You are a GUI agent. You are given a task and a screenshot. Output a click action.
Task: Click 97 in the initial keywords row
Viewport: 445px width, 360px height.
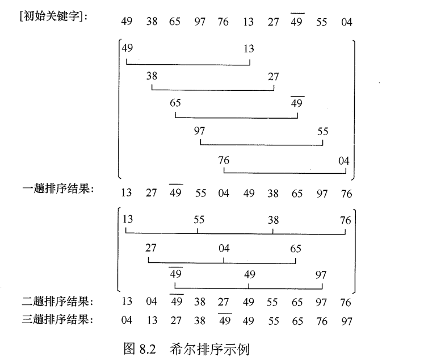(x=199, y=22)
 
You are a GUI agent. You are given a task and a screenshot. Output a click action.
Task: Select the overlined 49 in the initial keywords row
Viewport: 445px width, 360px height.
(x=297, y=22)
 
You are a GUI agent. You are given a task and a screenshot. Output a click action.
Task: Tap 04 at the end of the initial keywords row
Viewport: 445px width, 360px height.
(x=346, y=22)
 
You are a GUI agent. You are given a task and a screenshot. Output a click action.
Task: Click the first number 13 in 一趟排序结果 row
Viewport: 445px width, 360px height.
(x=126, y=193)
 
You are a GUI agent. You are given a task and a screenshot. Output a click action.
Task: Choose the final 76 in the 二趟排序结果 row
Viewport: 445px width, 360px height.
(x=345, y=303)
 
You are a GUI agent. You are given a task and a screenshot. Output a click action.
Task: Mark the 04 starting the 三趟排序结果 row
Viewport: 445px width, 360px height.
(x=126, y=321)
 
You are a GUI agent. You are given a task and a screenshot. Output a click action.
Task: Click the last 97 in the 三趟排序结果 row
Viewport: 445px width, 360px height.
(x=346, y=321)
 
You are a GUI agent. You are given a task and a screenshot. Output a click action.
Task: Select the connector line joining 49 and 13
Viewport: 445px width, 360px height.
(x=187, y=65)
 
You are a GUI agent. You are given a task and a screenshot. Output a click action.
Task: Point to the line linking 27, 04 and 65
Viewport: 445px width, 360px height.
(x=222, y=262)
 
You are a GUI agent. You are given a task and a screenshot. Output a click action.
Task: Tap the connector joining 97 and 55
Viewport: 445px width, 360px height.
(x=261, y=145)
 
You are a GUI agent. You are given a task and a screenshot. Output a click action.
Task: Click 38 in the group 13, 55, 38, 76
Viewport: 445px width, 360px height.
(x=273, y=220)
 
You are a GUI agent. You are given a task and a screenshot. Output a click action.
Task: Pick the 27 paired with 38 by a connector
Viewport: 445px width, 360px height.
(x=273, y=77)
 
